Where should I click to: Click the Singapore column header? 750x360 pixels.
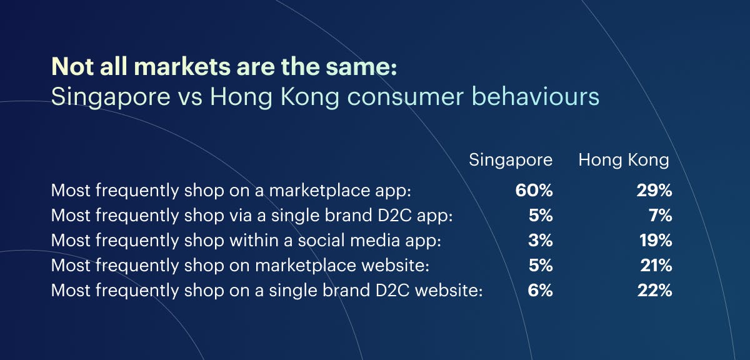tap(511, 161)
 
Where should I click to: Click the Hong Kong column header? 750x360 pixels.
tap(624, 160)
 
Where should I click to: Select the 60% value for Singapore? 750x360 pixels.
tap(534, 190)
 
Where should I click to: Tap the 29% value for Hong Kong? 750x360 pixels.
tap(654, 190)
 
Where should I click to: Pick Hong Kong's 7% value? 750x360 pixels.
tap(661, 215)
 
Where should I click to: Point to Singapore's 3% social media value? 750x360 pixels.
tap(541, 240)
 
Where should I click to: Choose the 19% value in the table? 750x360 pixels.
tap(656, 240)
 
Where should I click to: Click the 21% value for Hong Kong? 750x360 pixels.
tap(656, 265)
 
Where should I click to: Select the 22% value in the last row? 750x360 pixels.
tap(655, 290)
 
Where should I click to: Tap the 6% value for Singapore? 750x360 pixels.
tap(541, 290)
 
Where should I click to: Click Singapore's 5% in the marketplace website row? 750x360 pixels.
tap(541, 265)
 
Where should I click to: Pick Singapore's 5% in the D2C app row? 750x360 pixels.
tap(541, 215)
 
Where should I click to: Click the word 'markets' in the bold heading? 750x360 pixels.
tap(182, 67)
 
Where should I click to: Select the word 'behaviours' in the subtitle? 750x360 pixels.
tap(536, 97)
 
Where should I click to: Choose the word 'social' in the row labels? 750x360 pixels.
tap(321, 240)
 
